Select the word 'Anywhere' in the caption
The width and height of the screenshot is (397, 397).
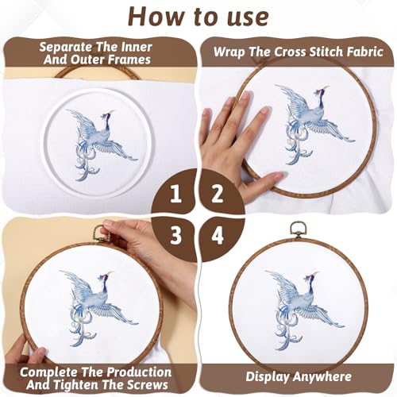[322, 378]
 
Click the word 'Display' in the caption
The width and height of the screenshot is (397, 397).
[268, 378]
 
